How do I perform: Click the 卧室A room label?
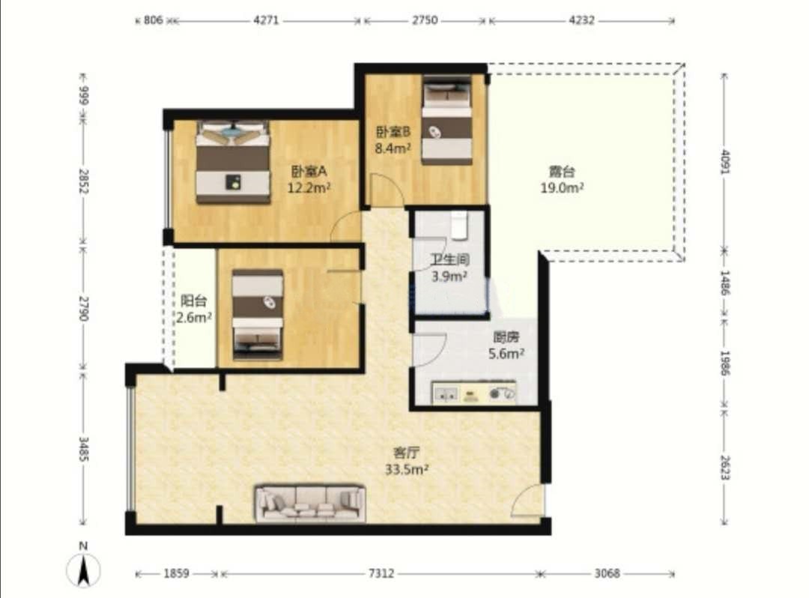coord(309,171)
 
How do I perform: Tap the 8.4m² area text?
coord(393,148)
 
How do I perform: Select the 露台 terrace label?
coord(561,172)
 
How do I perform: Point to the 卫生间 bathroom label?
coord(450,259)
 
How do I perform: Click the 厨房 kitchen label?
coord(506,337)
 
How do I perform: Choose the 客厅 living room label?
coord(406,453)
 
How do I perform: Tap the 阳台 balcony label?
coord(194,300)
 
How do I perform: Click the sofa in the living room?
coord(311,503)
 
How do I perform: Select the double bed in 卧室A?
coord(233,162)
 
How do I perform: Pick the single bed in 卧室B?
coord(446,120)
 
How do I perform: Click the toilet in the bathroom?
coord(459,226)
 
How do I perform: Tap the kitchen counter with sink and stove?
coord(473,393)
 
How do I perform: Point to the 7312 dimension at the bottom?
coord(381,573)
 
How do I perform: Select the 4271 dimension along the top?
coord(266,21)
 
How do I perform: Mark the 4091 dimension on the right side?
coord(725,162)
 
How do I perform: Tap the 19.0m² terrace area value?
coord(562,188)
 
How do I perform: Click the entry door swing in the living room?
coord(527,501)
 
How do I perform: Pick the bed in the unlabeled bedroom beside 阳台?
coord(258,314)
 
